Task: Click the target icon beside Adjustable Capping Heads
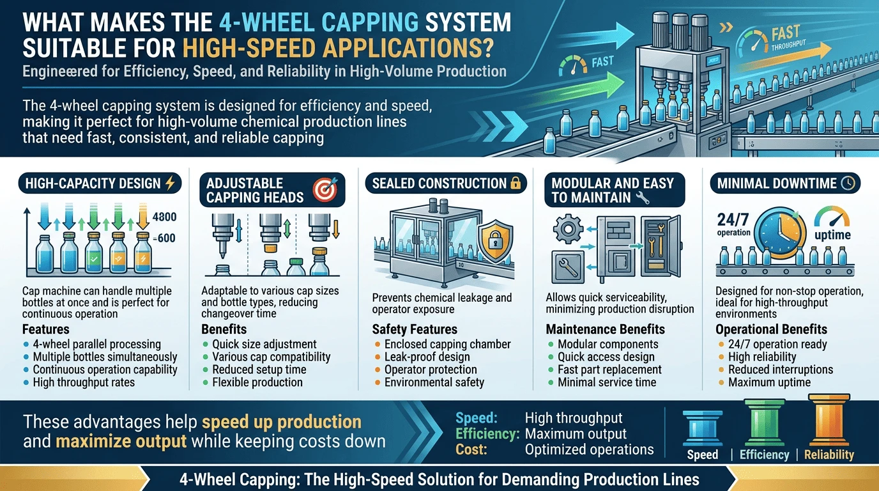click(325, 189)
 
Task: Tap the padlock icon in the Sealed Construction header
click(516, 183)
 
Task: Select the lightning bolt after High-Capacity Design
click(170, 183)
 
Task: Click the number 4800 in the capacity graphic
click(164, 217)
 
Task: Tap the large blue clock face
click(780, 233)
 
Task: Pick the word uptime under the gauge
click(833, 235)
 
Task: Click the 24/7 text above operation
click(733, 219)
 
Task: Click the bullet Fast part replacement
click(609, 370)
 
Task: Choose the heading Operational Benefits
click(771, 329)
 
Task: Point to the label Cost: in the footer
click(471, 449)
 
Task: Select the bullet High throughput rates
click(84, 382)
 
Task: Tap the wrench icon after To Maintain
click(642, 198)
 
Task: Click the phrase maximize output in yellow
click(121, 441)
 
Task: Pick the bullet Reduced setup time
click(259, 370)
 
